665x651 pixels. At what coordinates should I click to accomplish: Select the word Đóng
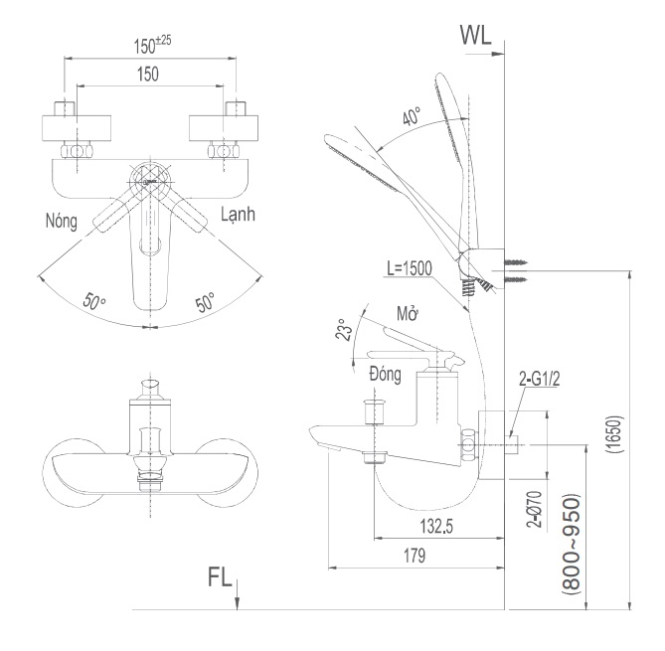[384, 375]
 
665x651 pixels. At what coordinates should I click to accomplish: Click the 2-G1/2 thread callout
[540, 380]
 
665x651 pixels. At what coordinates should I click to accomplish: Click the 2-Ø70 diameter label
[533, 506]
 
